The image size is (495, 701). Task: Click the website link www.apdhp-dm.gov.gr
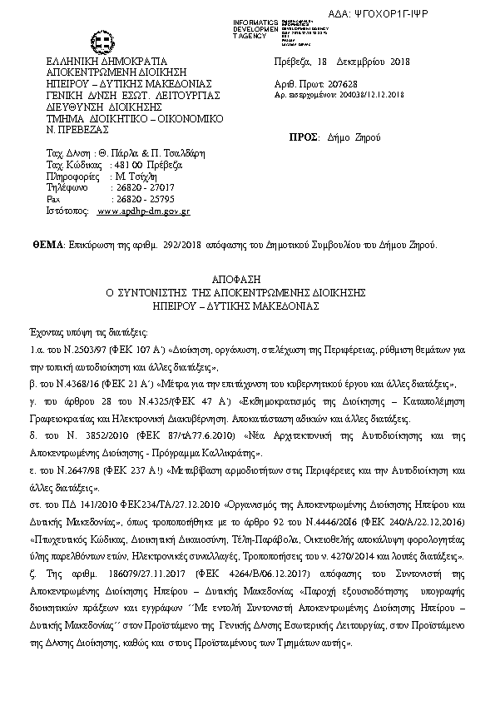pyautogui.click(x=144, y=212)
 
